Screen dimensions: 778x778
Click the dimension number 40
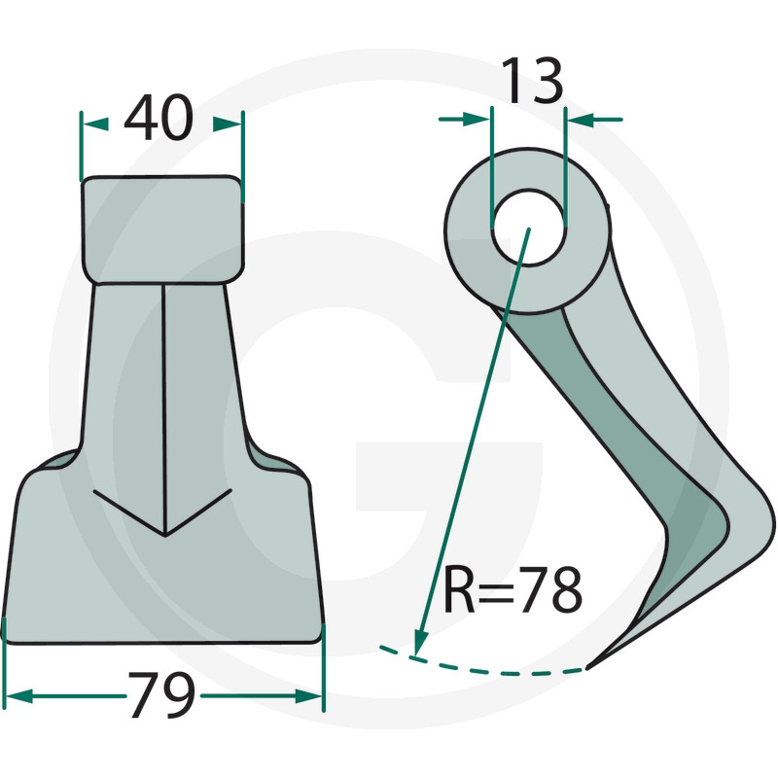pyautogui.click(x=159, y=117)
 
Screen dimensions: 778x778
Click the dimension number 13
pyautogui.click(x=532, y=80)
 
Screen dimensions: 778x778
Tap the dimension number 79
pyautogui.click(x=162, y=694)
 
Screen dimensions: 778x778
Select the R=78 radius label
pyautogui.click(x=513, y=589)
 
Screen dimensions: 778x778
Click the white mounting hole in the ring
pyautogui.click(x=528, y=228)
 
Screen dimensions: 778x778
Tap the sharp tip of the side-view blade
pyautogui.click(x=588, y=668)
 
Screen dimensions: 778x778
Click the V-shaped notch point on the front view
pyautogui.click(x=164, y=536)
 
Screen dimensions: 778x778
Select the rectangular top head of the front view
pyautogui.click(x=162, y=230)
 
